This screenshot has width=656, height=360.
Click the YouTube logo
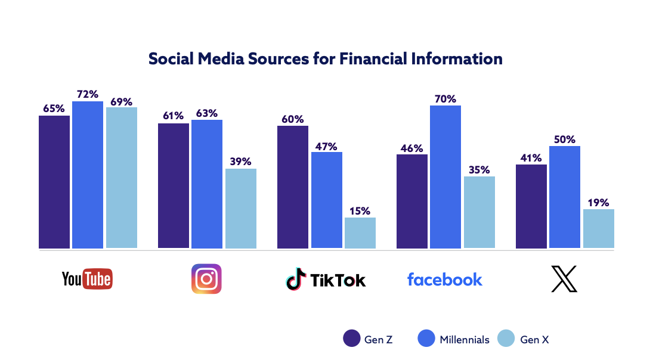point(87,278)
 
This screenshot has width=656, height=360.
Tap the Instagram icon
point(206,279)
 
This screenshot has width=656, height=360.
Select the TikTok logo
point(326,280)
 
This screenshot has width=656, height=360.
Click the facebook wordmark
point(445,279)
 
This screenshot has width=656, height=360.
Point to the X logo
point(564,279)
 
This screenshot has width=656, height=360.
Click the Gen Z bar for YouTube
point(54,182)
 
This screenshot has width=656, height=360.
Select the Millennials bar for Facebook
point(445,176)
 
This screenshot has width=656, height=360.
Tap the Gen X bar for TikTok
point(360,232)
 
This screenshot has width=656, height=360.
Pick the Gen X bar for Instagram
point(241,208)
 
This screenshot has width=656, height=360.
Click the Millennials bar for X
point(565,197)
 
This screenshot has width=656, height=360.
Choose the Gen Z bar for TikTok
point(293,187)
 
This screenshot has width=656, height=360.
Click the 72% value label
point(88,94)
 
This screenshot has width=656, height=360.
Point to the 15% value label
point(360,210)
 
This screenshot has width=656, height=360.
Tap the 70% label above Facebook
point(445,98)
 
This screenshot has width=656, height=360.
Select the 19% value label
point(599,202)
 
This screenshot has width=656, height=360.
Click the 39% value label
point(241,162)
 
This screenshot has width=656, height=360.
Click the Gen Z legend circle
point(351,339)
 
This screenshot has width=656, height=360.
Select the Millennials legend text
point(465,340)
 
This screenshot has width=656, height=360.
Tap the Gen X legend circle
point(506,339)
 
